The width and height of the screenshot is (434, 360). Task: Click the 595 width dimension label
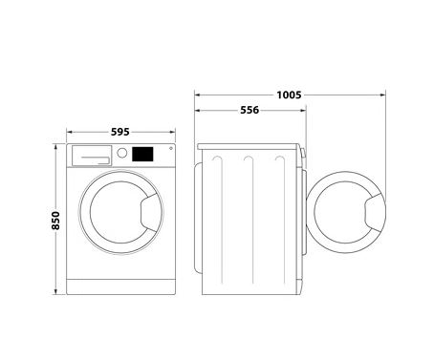120,132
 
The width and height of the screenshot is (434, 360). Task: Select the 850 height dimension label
55,221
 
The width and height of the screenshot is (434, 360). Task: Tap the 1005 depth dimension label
289,95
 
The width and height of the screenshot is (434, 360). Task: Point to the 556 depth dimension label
250,110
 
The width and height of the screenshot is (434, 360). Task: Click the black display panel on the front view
142,154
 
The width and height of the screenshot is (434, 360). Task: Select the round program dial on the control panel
122,153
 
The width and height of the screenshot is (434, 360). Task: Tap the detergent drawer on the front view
92,156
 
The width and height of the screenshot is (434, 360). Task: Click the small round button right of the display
171,148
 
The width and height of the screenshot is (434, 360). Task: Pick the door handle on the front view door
150,212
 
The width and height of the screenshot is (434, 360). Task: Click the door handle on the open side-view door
375,212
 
